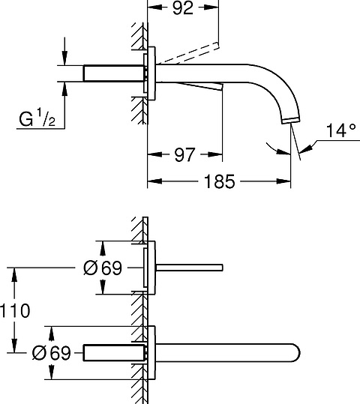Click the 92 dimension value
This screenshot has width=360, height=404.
[183, 8]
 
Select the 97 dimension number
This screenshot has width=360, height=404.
[184, 155]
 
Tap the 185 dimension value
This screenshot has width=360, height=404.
[219, 181]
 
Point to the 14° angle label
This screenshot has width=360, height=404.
[341, 130]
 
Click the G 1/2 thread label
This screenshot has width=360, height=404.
[37, 118]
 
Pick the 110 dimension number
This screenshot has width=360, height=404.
[15, 311]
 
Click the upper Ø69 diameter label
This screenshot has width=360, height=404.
[103, 268]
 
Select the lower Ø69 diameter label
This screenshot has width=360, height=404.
[51, 353]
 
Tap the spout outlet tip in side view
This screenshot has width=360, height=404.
[291, 121]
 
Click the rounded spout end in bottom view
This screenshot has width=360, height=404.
[296, 353]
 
